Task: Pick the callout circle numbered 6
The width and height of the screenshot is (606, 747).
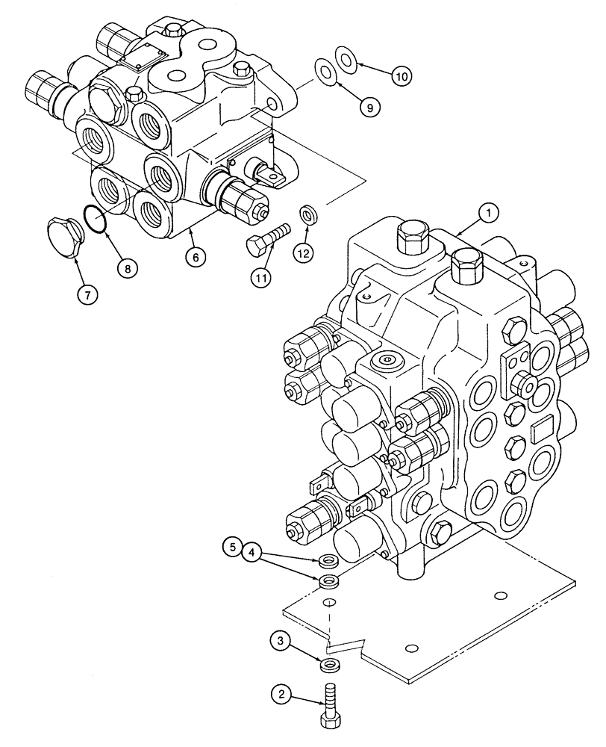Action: tap(196, 255)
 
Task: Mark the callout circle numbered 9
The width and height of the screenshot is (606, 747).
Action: tap(369, 107)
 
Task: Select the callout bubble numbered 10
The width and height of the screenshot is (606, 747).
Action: tap(402, 75)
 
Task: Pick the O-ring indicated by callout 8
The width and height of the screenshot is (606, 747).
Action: tap(96, 217)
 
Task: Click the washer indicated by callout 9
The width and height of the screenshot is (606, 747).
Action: tap(325, 69)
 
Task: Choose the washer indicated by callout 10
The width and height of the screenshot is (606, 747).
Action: tap(346, 57)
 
